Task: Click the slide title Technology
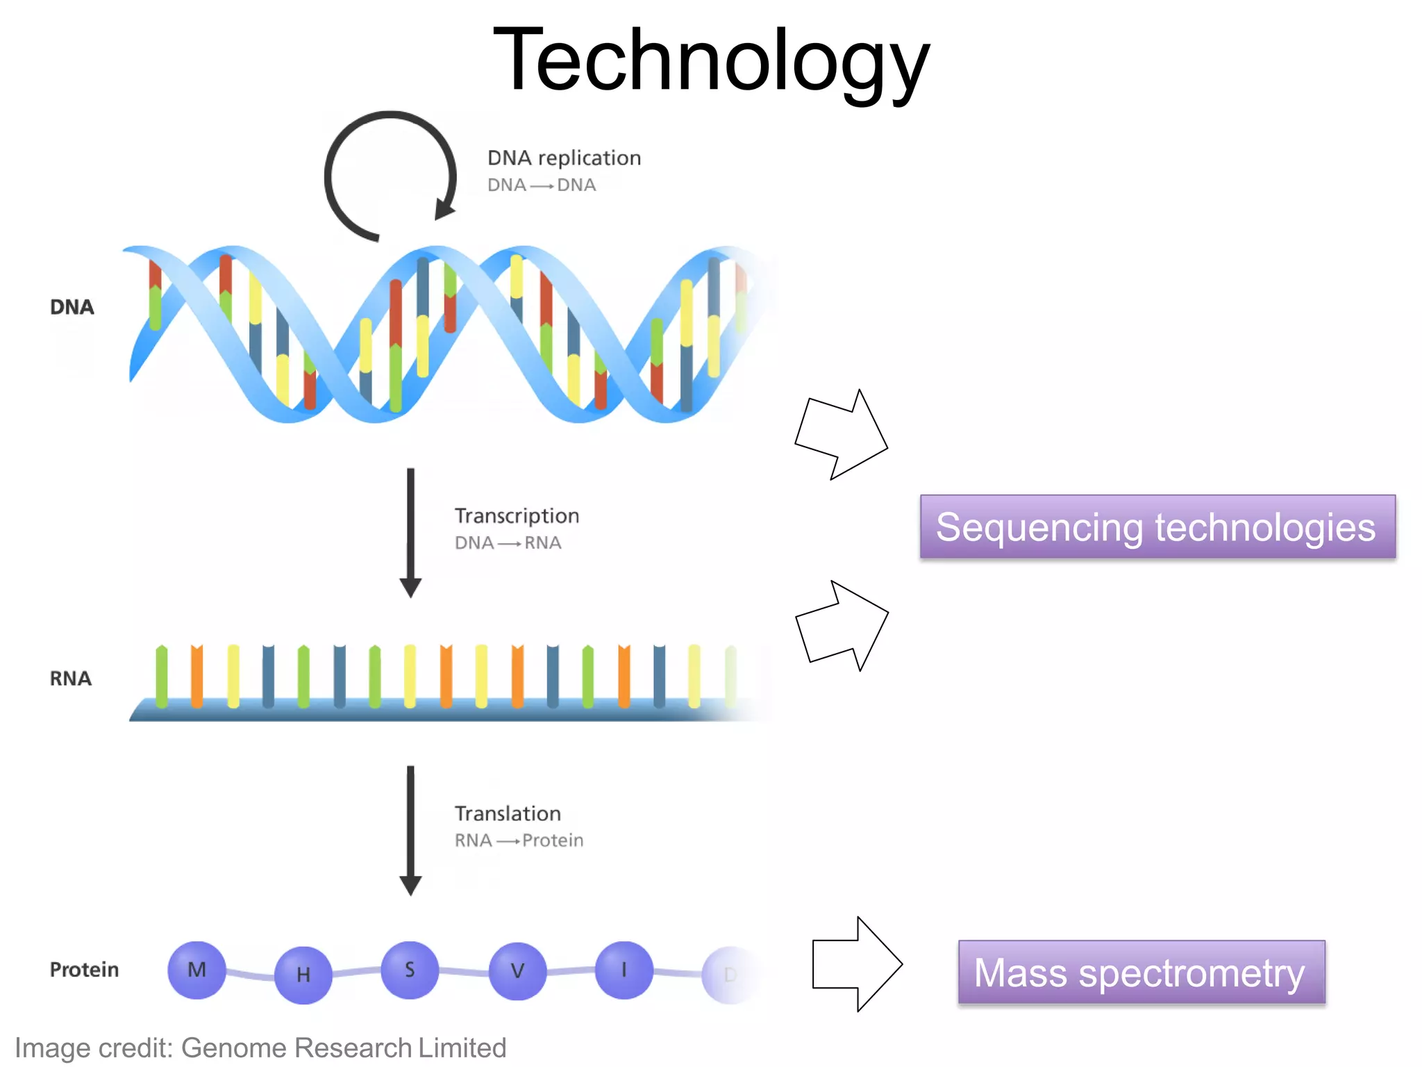(711, 61)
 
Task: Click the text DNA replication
(564, 158)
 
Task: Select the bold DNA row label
(72, 307)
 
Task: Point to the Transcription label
(517, 515)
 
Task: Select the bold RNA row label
(70, 678)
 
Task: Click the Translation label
(508, 813)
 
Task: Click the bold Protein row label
(84, 969)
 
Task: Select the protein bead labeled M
(196, 970)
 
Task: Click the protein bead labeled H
(303, 975)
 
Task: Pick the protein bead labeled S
(410, 970)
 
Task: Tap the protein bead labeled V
(517, 970)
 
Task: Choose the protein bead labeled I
(624, 970)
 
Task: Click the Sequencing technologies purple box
(1157, 527)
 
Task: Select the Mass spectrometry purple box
(1141, 972)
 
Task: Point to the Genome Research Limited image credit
(260, 1048)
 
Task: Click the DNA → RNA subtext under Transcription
(508, 543)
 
